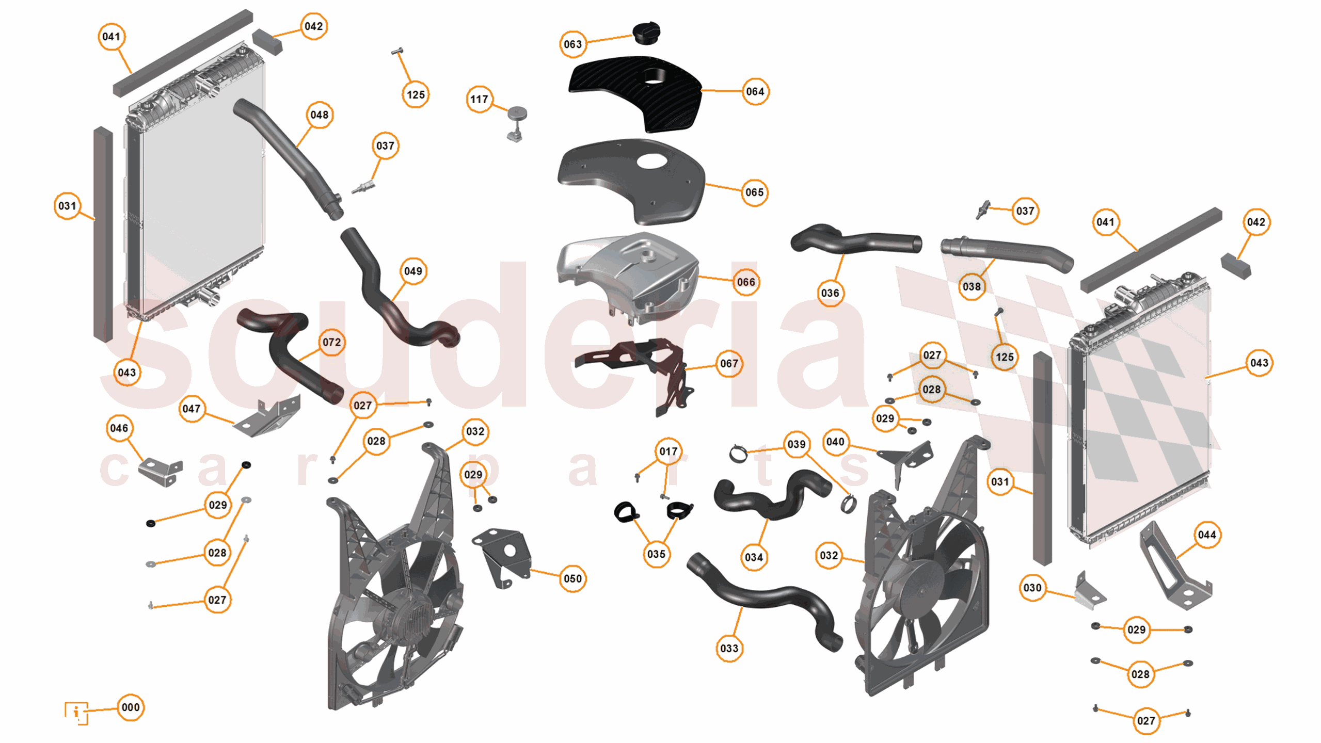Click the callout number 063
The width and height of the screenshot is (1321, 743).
(x=572, y=44)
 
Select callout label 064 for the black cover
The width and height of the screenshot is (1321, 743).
(x=755, y=92)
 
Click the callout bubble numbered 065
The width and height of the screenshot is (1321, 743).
(x=754, y=192)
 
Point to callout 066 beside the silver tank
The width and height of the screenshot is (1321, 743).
(x=745, y=282)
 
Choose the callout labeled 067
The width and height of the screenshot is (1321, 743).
(x=729, y=364)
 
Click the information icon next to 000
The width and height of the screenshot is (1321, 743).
(x=76, y=713)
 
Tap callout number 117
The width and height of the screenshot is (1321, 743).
(x=479, y=99)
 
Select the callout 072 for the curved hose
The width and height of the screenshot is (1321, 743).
(x=331, y=342)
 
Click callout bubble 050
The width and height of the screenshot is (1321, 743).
(x=572, y=578)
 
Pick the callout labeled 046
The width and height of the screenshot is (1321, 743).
(x=119, y=428)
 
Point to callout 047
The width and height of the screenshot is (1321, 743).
(x=192, y=409)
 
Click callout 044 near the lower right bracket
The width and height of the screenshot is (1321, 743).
(x=1206, y=535)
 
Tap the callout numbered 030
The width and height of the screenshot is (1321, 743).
(x=1032, y=588)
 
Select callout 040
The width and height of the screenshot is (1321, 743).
(x=835, y=442)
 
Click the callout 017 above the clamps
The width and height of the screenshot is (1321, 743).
(x=668, y=451)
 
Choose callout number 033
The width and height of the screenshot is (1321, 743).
(x=729, y=648)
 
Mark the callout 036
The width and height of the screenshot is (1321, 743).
(x=830, y=293)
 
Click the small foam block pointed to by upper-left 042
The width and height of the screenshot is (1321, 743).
(x=267, y=41)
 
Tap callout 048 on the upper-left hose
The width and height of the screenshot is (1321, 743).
(x=319, y=115)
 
